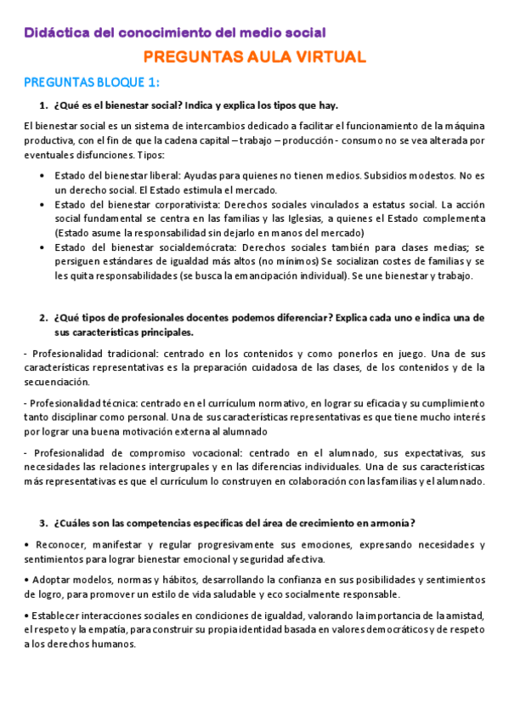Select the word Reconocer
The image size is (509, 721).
(59, 544)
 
